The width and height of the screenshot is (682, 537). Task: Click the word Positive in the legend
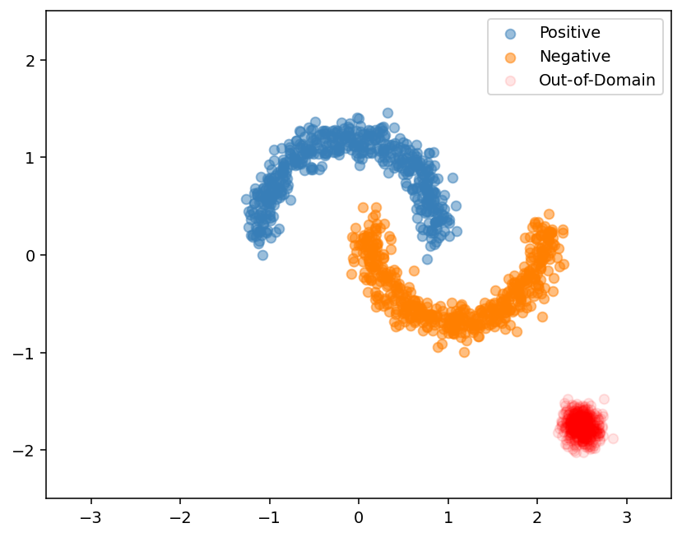tap(569, 33)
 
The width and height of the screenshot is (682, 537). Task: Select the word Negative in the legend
tap(574, 57)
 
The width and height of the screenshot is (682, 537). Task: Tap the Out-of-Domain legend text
tap(596, 81)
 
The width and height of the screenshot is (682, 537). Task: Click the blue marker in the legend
tap(510, 34)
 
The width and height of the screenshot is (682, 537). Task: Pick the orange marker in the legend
tap(510, 58)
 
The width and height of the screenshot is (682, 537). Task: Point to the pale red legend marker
tap(510, 81)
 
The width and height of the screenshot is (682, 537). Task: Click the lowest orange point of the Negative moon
tap(464, 352)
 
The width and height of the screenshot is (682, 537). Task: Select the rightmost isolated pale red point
tap(612, 438)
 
